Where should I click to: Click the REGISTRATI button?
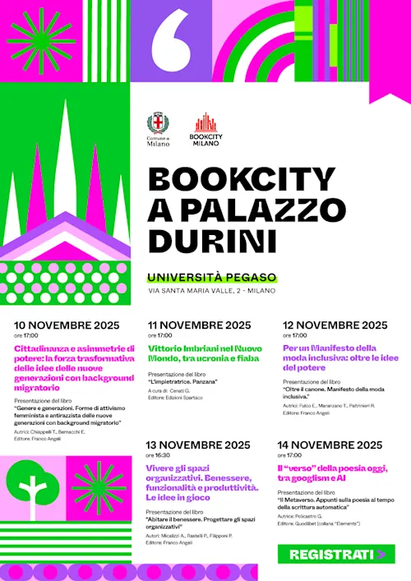pos(337,555)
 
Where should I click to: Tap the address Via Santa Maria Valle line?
pos(212,291)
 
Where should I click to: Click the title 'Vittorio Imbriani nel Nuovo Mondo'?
pos(204,353)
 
